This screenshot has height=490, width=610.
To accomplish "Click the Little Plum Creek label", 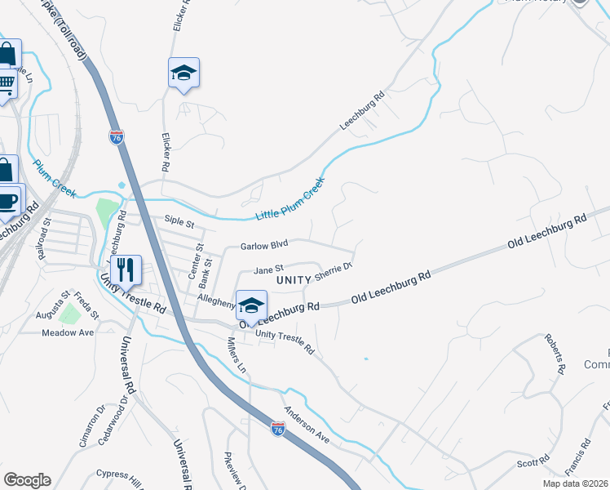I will (290, 198).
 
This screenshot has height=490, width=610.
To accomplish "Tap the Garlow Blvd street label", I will (264, 245).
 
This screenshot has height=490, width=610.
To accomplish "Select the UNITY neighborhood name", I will (294, 280).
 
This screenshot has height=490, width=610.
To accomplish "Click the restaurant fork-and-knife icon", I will (125, 269).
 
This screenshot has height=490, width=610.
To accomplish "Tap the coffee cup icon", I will (7, 200).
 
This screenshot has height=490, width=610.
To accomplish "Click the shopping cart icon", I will (7, 82).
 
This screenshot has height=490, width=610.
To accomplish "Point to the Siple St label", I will (179, 220).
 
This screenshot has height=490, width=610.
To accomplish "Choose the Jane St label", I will (268, 268).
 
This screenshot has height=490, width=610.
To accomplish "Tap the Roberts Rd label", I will (555, 354).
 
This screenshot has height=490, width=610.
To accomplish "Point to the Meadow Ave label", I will (68, 332).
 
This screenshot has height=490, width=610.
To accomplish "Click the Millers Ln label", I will (236, 356).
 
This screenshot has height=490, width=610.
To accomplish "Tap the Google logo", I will (27, 480).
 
